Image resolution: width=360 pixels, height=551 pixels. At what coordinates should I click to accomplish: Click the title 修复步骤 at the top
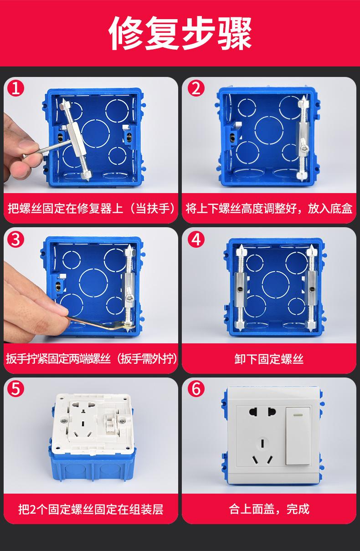(180, 33)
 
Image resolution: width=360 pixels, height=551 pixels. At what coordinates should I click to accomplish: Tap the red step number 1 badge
(16, 88)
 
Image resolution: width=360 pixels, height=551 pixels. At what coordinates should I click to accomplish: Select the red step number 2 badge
(196, 88)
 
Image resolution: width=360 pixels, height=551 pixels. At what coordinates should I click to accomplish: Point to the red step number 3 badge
(16, 239)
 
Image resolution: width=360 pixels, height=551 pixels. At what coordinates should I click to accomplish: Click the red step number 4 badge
(196, 239)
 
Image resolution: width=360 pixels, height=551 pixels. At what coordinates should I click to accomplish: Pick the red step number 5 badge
(16, 389)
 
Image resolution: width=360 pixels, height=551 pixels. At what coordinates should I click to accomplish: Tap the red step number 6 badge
(196, 389)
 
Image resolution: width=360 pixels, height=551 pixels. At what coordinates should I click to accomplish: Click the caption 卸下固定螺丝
(269, 359)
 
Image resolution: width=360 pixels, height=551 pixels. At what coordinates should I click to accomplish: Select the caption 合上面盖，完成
(269, 509)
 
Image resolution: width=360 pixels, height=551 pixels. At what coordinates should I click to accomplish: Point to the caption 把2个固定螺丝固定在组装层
(91, 509)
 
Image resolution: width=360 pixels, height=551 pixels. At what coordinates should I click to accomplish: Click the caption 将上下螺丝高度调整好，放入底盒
(269, 209)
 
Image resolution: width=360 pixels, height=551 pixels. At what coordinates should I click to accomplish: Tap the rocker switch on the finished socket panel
(298, 436)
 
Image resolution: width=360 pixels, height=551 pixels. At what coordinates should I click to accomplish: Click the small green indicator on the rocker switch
(298, 415)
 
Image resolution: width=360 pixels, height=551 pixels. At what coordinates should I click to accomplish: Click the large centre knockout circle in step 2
(269, 130)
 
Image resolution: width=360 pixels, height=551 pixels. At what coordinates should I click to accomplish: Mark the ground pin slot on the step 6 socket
(262, 444)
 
